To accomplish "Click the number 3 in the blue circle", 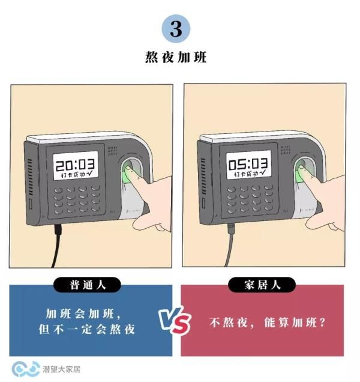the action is (x=176, y=28).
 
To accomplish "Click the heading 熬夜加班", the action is (x=176, y=57).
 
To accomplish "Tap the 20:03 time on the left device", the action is (x=75, y=164).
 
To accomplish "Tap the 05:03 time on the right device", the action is (x=248, y=164).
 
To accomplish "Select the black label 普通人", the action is (x=87, y=285).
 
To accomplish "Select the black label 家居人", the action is (x=262, y=285).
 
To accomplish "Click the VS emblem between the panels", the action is (x=175, y=320).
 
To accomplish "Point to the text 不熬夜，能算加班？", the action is (x=268, y=323).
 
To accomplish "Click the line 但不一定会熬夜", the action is (x=86, y=329).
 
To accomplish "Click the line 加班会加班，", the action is (x=83, y=314).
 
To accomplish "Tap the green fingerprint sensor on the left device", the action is (x=127, y=174).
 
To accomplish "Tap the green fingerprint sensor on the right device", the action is (x=300, y=174).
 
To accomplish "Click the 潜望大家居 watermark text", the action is (x=61, y=369).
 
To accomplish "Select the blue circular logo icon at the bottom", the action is (x=26, y=369).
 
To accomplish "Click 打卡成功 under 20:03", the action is (x=73, y=175).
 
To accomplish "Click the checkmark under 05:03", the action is (x=263, y=173).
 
